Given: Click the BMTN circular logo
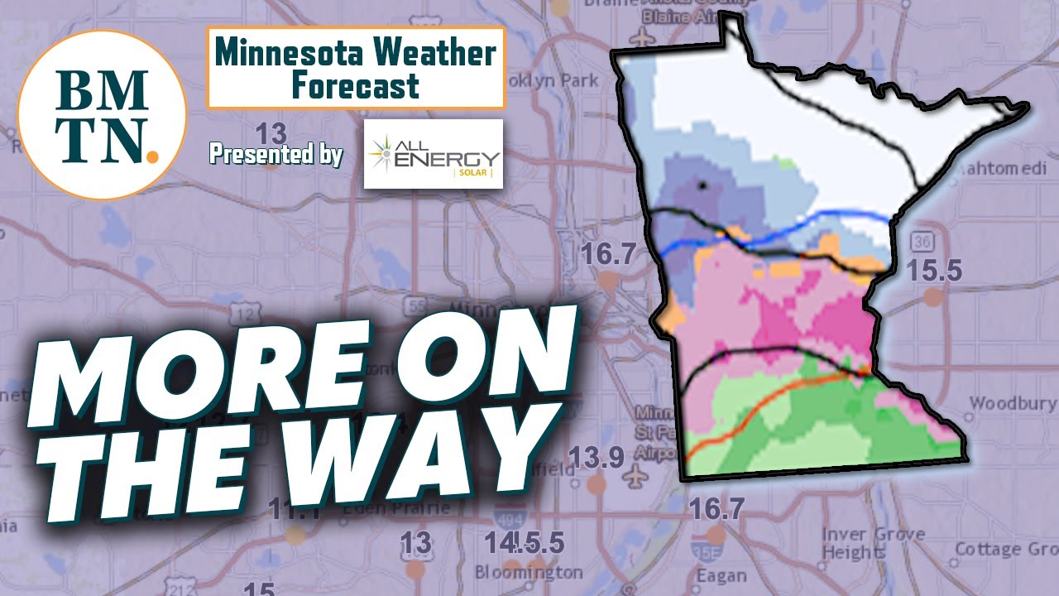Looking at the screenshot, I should coord(101,114).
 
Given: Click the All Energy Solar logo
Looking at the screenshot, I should coord(434,154).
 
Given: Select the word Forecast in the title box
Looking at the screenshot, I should coord(356,85).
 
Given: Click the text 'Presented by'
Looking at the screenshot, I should coord(276,154).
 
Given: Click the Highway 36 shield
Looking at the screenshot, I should coord(921,242).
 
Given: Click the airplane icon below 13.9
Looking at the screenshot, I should coord(636,478).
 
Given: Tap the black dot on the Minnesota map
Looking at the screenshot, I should coord(702,185).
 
